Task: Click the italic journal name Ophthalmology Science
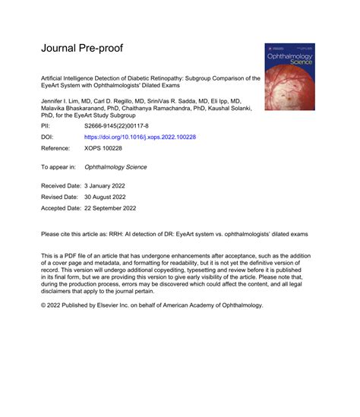115,167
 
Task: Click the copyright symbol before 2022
43,305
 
